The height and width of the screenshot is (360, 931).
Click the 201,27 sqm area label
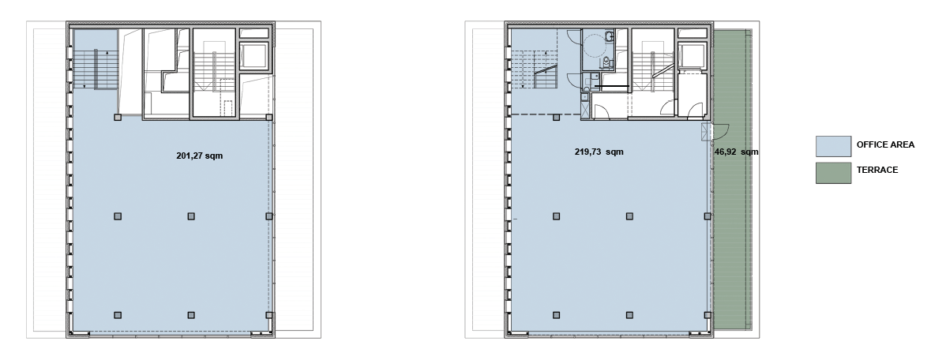tap(200, 156)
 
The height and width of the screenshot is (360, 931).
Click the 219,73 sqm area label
tap(599, 152)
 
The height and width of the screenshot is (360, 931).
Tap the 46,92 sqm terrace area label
tap(736, 152)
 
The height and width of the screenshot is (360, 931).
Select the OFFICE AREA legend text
tap(885, 144)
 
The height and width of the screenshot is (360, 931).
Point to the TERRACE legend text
tap(877, 170)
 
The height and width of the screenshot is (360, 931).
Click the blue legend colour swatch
tap(833, 146)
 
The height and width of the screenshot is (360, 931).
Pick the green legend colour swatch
tap(833, 173)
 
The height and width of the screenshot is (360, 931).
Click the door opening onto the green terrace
tap(720, 130)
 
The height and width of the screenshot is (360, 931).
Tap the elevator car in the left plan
tap(255, 56)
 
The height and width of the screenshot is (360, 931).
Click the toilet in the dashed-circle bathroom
tap(606, 62)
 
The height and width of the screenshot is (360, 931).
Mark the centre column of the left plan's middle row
tap(190, 216)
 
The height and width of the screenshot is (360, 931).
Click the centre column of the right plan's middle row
tap(629, 216)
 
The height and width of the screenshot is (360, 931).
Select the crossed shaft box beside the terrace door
tap(706, 131)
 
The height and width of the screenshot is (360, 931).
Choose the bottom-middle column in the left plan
tap(190, 316)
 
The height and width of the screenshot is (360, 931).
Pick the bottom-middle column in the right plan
tap(629, 316)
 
